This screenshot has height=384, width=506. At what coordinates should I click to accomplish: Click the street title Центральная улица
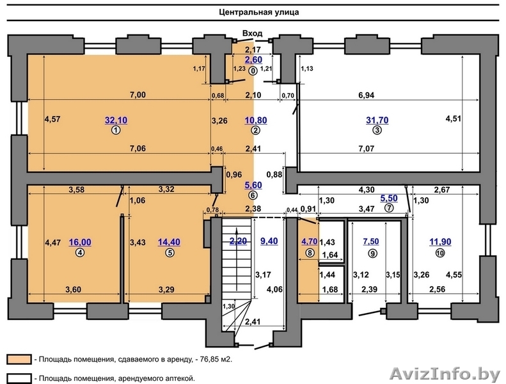[259, 12]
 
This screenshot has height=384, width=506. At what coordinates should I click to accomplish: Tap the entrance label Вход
[252, 33]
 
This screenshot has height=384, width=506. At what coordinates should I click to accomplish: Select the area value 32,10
[116, 120]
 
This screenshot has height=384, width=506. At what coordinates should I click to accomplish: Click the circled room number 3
[377, 131]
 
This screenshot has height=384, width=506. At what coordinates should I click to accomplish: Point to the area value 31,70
[377, 120]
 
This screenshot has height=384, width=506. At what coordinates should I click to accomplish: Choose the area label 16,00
[80, 242]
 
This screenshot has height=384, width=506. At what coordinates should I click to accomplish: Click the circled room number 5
[170, 253]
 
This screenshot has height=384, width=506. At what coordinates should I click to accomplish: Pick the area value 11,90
[440, 242]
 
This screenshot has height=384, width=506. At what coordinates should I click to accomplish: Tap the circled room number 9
[372, 254]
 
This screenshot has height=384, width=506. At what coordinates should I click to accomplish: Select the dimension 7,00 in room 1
[138, 95]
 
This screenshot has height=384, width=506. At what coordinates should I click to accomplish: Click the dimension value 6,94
[367, 95]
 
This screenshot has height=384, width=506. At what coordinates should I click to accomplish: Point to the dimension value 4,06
[274, 289]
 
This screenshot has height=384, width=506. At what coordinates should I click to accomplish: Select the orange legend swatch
[19, 359]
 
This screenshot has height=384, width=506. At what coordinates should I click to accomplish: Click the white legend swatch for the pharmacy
[19, 378]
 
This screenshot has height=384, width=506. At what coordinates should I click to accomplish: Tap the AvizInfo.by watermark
[445, 374]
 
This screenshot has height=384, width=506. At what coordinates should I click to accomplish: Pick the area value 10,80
[256, 120]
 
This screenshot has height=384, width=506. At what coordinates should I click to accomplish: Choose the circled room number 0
[253, 71]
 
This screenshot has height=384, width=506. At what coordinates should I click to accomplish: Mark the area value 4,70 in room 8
[309, 241]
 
